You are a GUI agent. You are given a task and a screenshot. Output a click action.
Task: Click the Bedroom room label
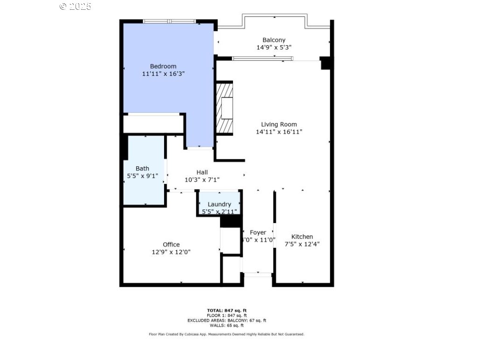point(163,66)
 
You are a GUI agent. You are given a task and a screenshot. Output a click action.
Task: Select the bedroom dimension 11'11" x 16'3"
point(163,74)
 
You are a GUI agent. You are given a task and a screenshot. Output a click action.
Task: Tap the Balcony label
point(274,40)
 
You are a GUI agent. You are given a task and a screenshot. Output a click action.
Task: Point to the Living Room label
point(279,124)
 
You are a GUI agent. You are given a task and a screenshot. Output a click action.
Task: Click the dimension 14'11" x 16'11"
point(279,132)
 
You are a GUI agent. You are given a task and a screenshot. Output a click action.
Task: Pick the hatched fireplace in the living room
point(225,108)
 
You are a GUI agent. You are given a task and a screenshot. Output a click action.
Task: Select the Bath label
point(143,168)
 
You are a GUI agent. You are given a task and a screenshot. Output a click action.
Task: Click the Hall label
point(202,172)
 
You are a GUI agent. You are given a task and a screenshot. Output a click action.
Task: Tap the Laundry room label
point(219,204)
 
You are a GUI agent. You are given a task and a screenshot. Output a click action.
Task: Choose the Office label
point(171,245)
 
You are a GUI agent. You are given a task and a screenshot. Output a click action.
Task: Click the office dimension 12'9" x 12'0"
point(171,252)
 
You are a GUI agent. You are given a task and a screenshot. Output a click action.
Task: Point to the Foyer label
point(258,232)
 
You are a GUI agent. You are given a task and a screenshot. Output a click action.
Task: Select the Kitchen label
point(302,237)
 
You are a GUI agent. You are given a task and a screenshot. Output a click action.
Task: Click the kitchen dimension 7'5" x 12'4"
point(302,244)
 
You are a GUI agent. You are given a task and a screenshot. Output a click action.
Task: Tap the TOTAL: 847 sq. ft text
point(226,310)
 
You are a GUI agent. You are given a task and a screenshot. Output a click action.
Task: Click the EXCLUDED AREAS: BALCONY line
point(226,320)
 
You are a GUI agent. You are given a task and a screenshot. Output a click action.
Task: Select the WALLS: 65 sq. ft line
point(226,325)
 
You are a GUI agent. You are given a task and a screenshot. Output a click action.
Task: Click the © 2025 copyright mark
point(75,6)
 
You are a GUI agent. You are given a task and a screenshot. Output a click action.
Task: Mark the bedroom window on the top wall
point(169,21)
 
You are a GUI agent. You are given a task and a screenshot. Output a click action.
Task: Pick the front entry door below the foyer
point(257,275)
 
